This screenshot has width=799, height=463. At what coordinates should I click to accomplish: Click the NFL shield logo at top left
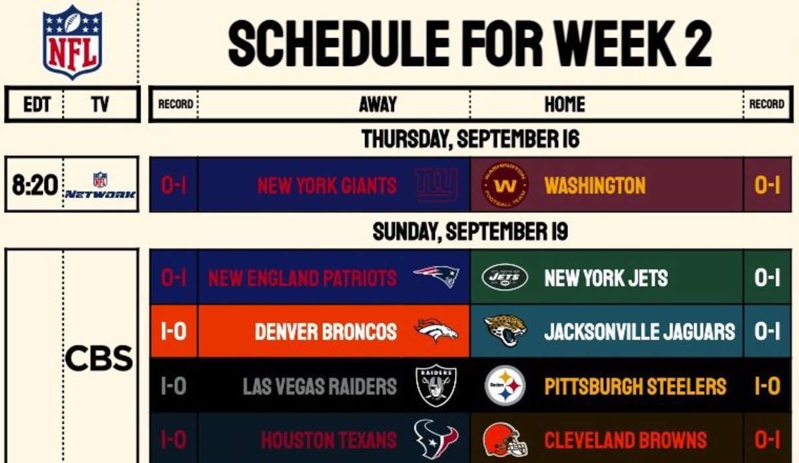point(73,42)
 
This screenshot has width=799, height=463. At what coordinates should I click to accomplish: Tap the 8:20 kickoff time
point(35,185)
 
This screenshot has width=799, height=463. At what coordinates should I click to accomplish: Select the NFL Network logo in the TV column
point(101,185)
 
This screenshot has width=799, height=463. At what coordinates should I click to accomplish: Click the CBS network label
point(99,358)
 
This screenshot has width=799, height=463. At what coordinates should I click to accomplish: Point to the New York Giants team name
point(327,186)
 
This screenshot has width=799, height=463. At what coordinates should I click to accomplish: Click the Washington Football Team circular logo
point(505,185)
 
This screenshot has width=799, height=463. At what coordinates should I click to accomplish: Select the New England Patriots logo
point(436,276)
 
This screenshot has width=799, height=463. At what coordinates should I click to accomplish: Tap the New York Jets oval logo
point(505,277)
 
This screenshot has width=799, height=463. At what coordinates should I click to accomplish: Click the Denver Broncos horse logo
point(436,330)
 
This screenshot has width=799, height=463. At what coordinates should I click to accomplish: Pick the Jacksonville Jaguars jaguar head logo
point(505,330)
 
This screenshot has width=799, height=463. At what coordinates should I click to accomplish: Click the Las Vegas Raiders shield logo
point(436,386)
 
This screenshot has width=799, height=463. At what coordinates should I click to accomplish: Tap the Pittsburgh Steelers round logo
point(505,386)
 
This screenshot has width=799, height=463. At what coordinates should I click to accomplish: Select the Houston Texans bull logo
point(436,439)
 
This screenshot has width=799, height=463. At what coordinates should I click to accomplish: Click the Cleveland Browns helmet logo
point(505,440)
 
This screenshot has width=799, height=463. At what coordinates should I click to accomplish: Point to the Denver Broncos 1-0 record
point(174,331)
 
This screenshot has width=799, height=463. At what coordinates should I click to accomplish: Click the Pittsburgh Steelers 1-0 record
point(767,386)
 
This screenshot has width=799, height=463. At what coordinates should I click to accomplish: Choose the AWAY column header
point(378,104)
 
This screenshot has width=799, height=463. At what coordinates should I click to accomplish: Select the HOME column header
point(565,104)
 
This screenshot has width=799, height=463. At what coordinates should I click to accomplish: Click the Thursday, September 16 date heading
point(471,139)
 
